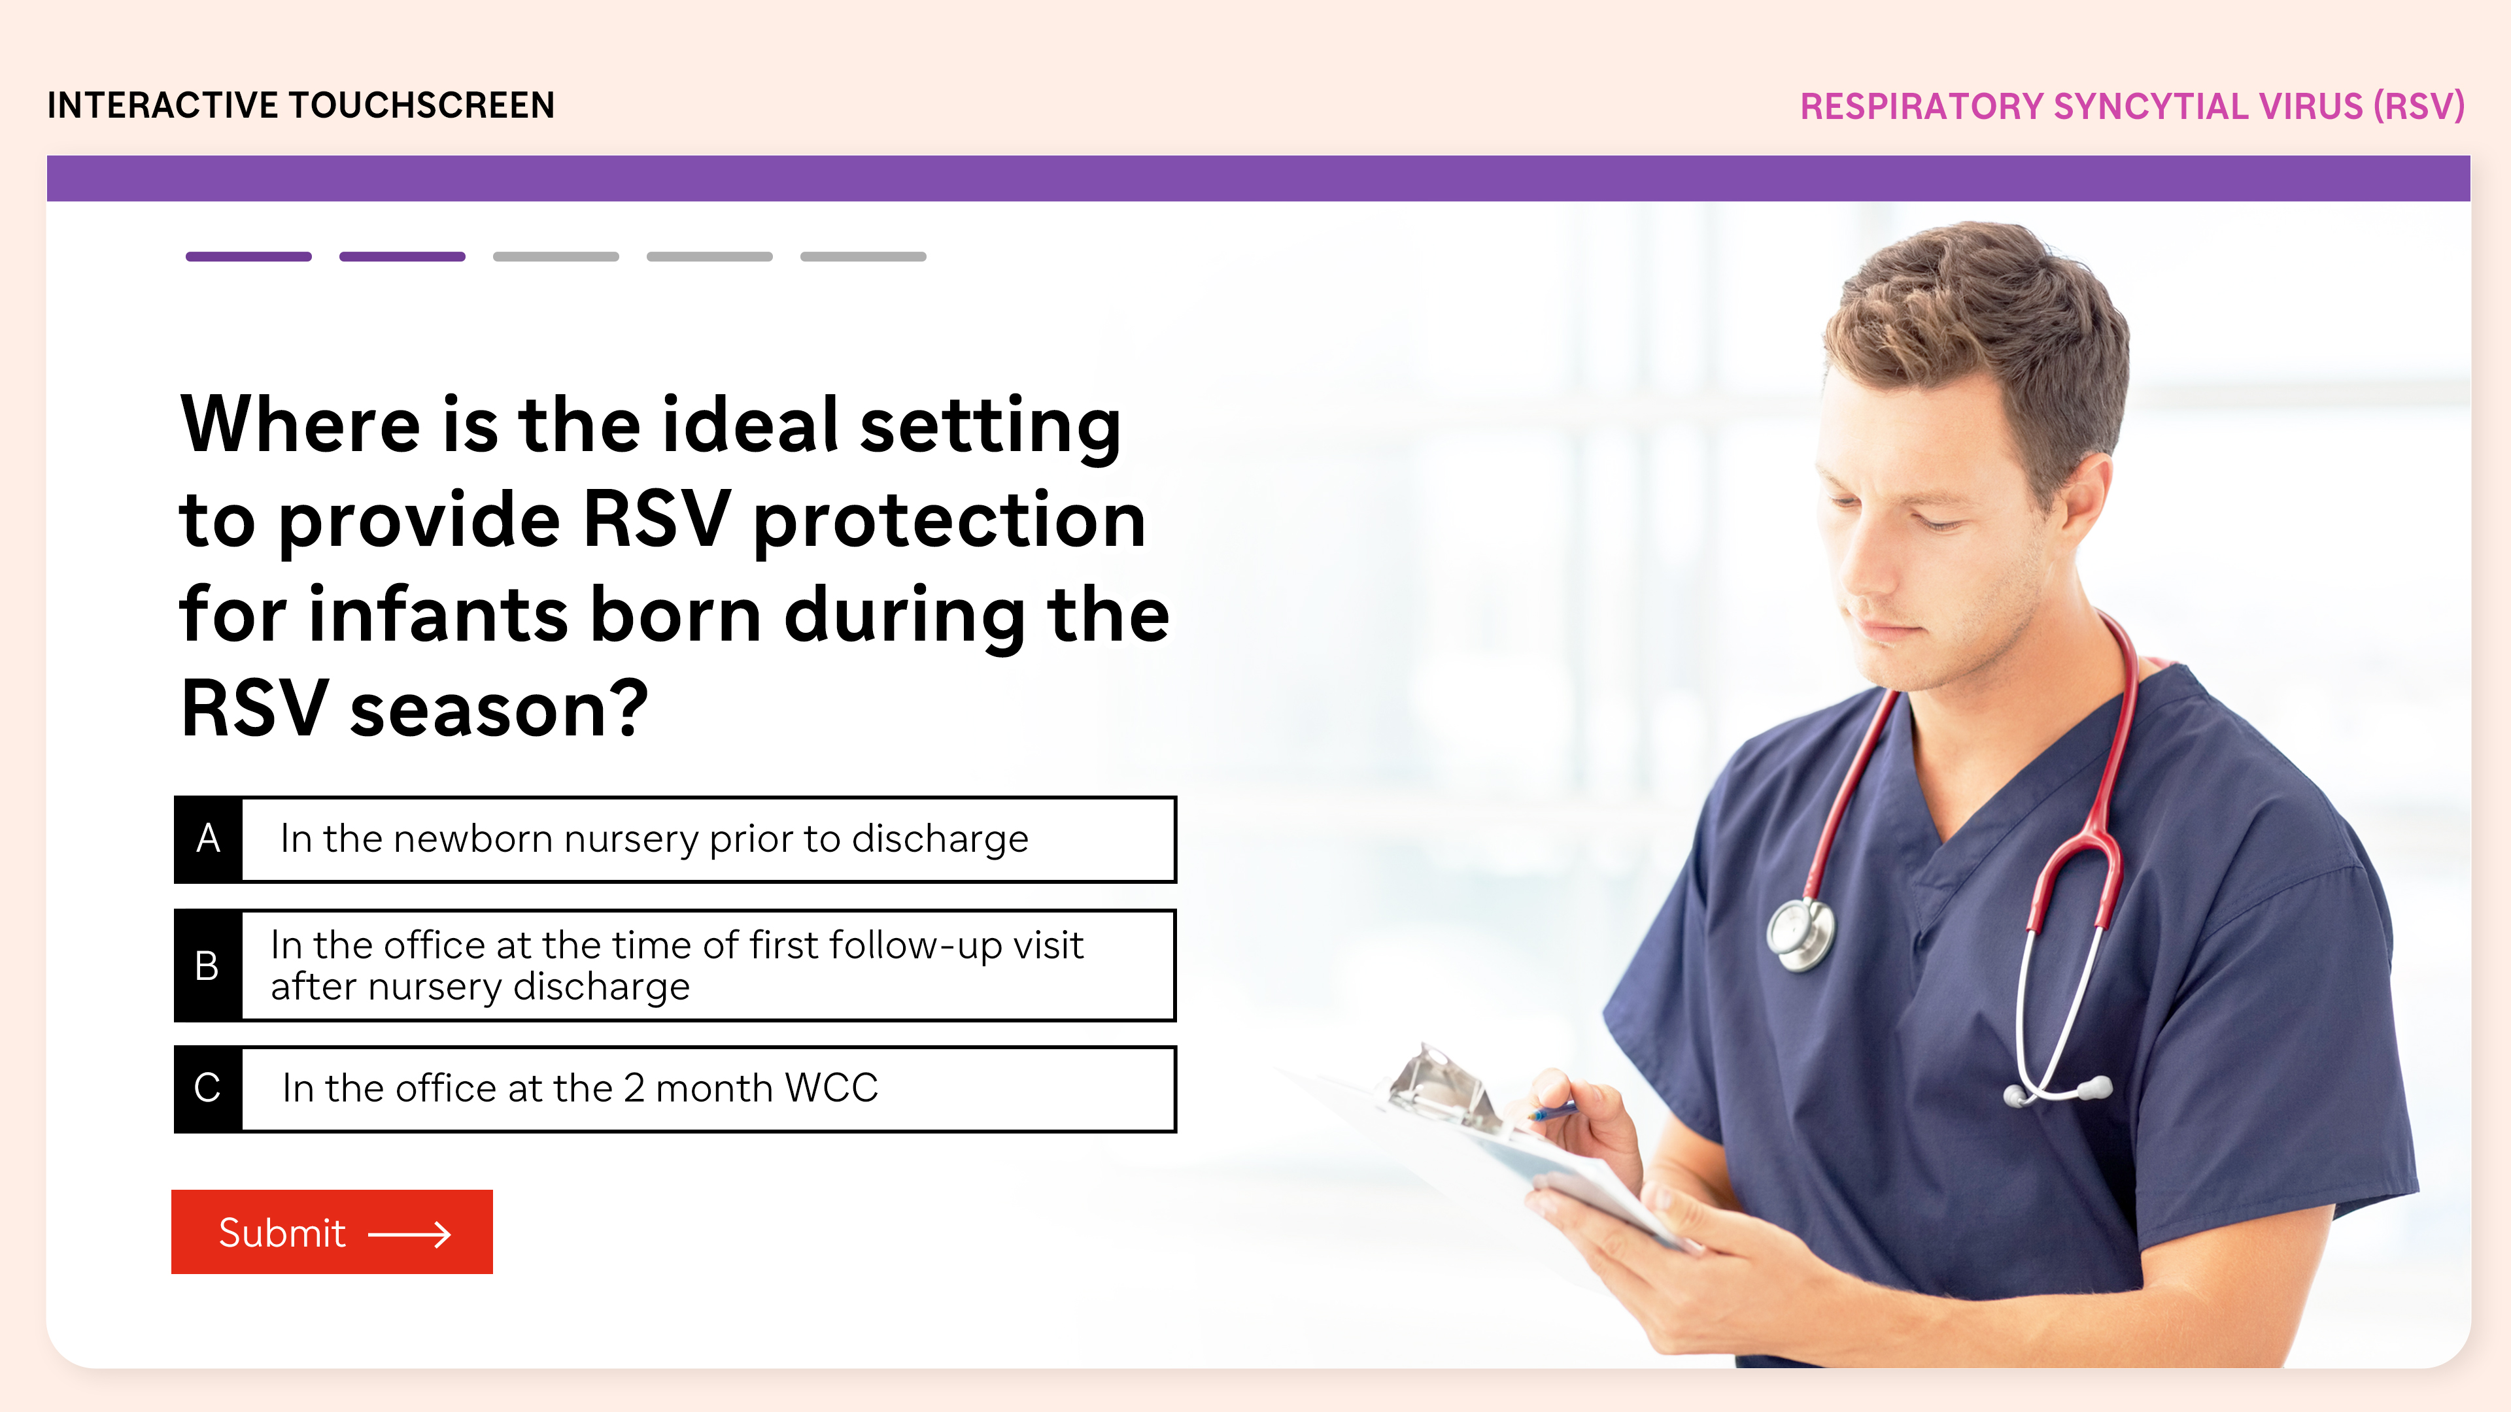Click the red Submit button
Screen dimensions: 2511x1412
pos(332,1232)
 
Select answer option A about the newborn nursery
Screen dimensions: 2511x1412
pos(675,839)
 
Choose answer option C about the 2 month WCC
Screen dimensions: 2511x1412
pos(675,1088)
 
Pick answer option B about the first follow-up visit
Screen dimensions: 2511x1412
pos(675,965)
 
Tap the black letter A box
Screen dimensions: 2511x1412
pos(209,839)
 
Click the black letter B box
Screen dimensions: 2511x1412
pos(209,965)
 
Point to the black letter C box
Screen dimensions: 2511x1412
pos(209,1088)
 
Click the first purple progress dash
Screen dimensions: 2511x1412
pos(248,256)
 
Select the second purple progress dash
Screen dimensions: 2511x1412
pos(403,256)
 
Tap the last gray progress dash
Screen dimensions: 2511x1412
pos(864,256)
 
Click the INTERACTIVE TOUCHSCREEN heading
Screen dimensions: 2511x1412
pos(301,105)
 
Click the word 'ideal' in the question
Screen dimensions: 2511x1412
pos(751,425)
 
